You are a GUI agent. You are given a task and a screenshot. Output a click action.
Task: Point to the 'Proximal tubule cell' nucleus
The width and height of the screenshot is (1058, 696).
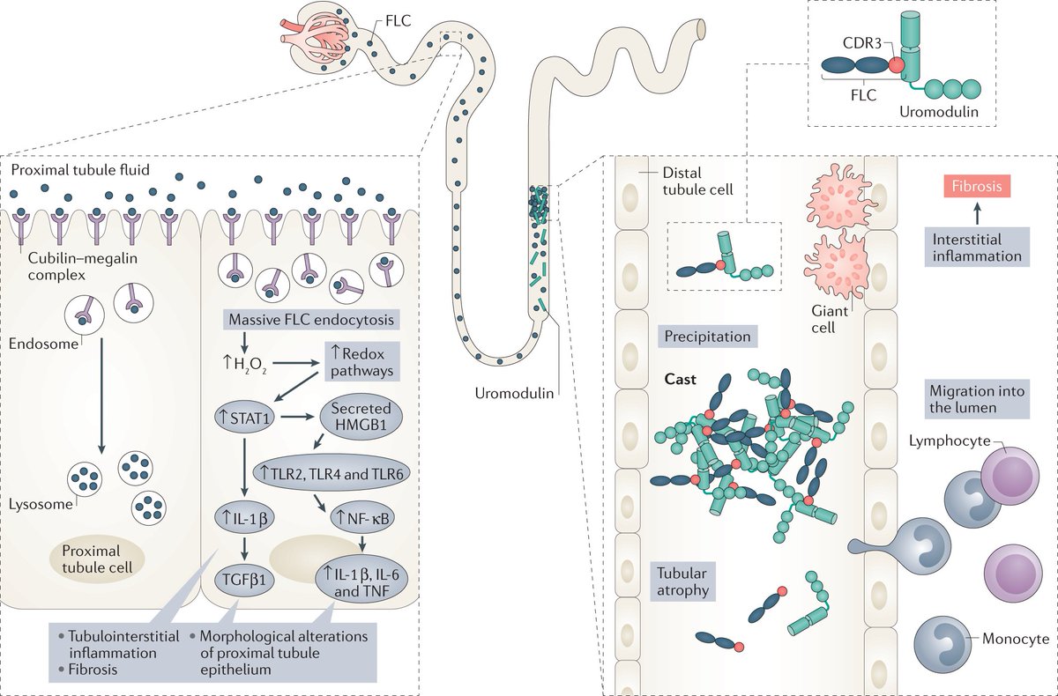[x=97, y=558]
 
